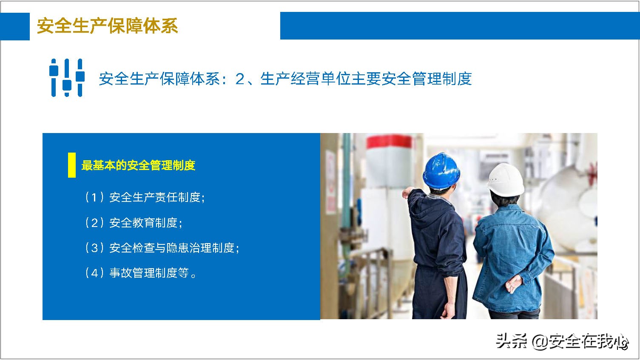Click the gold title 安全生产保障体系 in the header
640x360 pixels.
point(107,26)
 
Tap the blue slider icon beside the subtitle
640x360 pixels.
point(67,78)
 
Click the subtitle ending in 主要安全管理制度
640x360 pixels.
point(285,79)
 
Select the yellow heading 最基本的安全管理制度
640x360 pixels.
point(138,165)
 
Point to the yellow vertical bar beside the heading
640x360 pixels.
point(72,165)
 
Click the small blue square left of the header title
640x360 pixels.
point(15,26)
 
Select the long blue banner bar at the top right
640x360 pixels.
point(459,26)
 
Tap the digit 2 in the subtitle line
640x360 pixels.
point(240,79)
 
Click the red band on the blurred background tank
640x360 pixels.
point(389,142)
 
